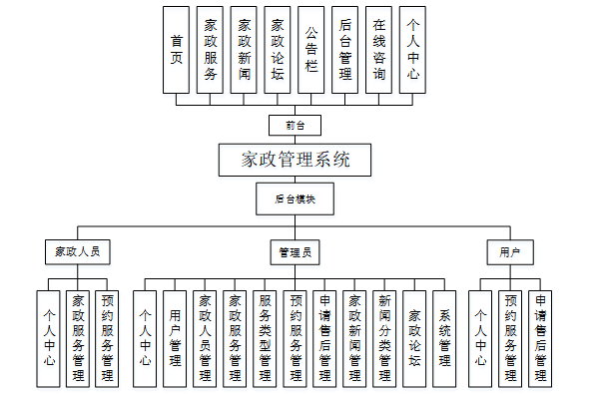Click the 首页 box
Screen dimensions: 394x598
pos(177,50)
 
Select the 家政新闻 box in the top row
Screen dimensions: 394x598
pos(244,50)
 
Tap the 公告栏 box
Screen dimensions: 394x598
pos(311,50)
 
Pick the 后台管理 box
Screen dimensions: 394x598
pos(345,50)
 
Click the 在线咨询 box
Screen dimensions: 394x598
pos(378,50)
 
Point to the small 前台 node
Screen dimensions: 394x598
pos(295,126)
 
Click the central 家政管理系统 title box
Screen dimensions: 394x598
pos(295,159)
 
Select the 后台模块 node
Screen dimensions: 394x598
pos(295,198)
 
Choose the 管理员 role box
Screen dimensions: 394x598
pos(295,251)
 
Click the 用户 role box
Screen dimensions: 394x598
pos(510,251)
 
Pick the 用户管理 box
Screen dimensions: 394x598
pos(175,338)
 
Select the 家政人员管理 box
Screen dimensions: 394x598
pos(205,338)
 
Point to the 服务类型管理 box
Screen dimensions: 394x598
pos(265,338)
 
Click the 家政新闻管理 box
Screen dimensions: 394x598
pos(354,338)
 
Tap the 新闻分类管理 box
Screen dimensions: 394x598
pos(384,338)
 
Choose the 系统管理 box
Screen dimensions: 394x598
pos(444,338)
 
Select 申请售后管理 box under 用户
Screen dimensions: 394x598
pos(540,338)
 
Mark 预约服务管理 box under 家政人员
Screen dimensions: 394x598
pos(108,338)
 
